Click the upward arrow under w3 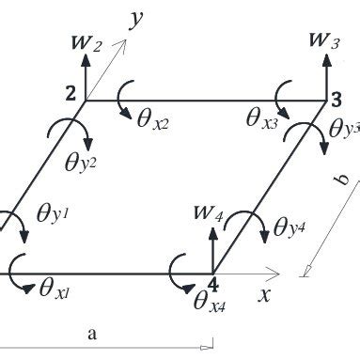click(x=326, y=76)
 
